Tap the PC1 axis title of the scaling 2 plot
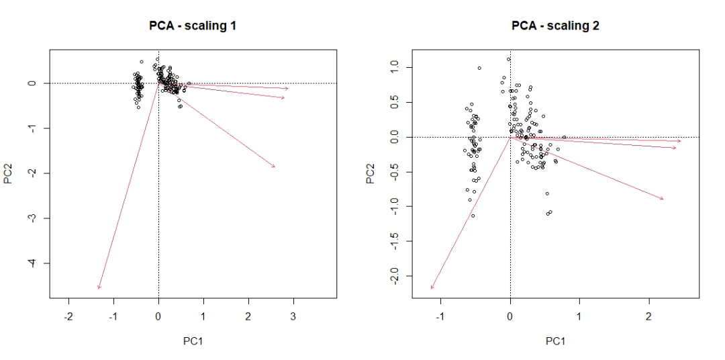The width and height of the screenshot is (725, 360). pos(555,341)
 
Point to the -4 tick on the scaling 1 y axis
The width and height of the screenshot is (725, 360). pos(32,263)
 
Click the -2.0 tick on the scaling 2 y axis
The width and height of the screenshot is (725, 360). pos(395,275)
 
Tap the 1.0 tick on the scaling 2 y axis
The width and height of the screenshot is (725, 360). pos(395,67)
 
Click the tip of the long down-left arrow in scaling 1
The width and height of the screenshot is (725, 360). pos(98,289)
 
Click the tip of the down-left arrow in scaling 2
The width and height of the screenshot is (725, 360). pos(431,289)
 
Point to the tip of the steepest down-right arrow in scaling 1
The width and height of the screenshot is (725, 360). pos(275,167)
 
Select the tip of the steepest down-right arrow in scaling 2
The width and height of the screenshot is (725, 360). pos(664,199)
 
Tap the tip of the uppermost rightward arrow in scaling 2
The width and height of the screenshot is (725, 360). pos(681,141)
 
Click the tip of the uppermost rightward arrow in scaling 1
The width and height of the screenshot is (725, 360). pos(289,89)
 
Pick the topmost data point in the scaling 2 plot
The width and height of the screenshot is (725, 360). pos(508,59)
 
